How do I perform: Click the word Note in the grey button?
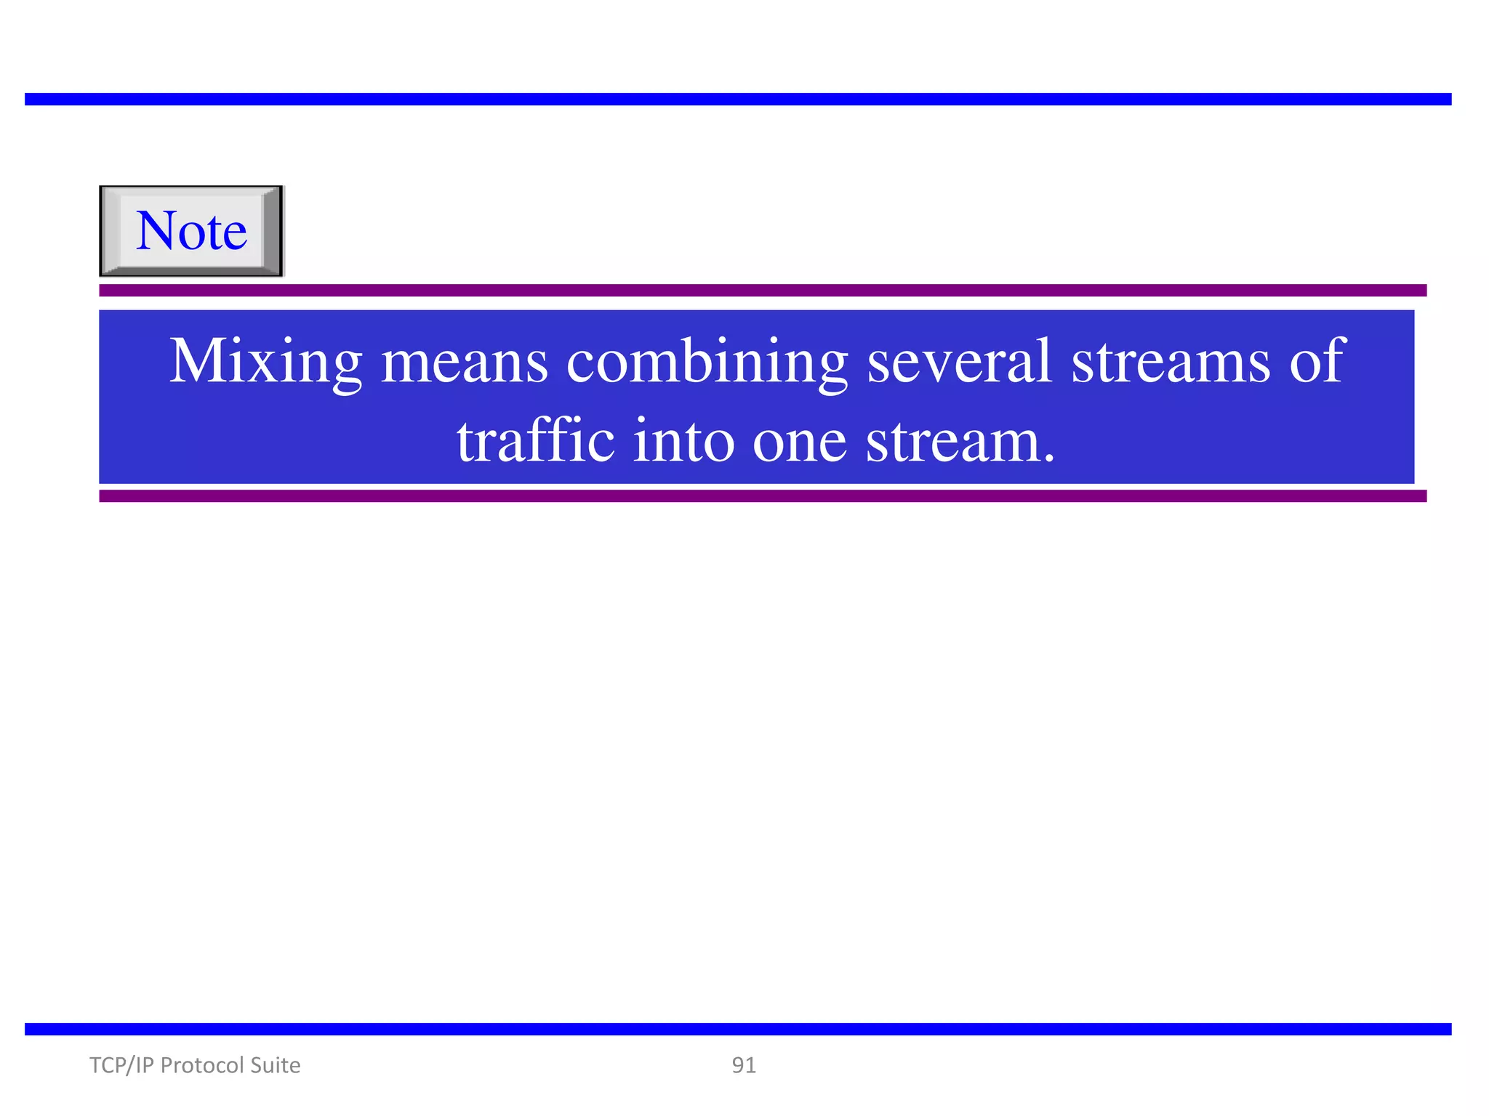191,231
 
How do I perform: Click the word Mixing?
265,361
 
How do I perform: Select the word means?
465,361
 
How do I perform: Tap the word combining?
707,361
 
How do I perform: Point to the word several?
960,361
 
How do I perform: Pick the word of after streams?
1317,361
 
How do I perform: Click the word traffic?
536,441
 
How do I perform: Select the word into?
683,441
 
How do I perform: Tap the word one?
800,441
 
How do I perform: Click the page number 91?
744,1065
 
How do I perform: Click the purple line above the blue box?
763,291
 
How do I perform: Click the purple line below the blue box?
763,496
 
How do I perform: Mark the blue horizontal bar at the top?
738,100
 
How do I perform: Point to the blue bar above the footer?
738,1029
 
